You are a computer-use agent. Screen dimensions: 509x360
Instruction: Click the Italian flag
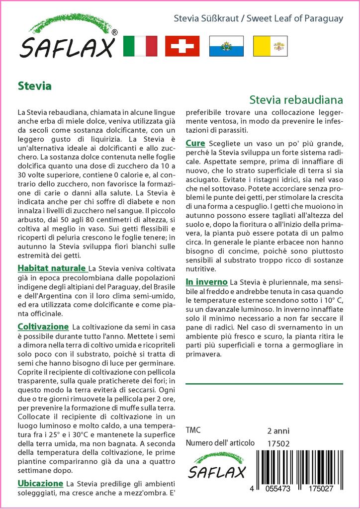click(140, 46)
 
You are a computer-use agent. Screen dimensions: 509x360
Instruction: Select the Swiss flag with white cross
click(182, 46)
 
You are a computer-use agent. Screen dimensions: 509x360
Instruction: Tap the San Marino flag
click(226, 46)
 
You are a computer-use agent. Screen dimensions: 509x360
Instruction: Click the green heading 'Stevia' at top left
click(34, 85)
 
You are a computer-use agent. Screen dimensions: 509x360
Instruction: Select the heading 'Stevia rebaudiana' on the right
click(296, 99)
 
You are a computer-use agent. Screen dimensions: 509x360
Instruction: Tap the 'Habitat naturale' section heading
click(52, 268)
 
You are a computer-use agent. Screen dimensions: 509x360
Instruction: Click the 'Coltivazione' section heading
click(43, 327)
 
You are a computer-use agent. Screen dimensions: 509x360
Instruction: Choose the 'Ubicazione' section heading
click(40, 483)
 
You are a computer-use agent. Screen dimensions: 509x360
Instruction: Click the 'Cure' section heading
click(195, 143)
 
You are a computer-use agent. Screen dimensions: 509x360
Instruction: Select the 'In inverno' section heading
click(206, 282)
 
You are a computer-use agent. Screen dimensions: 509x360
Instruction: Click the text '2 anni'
click(278, 430)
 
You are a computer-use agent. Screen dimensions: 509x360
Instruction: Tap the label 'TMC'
click(193, 430)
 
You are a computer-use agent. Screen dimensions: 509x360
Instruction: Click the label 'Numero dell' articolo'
click(220, 443)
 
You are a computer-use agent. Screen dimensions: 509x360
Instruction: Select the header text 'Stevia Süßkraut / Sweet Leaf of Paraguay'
click(258, 19)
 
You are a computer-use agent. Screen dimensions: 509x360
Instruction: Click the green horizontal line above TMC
click(264, 384)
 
